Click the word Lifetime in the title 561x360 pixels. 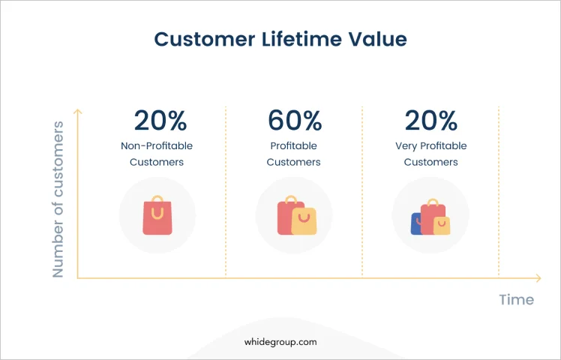pyautogui.click(x=301, y=39)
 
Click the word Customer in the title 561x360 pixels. pyautogui.click(x=205, y=39)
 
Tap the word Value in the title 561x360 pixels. pyautogui.click(x=378, y=39)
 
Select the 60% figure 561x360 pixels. pyautogui.click(x=295, y=120)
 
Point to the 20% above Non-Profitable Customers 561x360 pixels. pyautogui.click(x=160, y=120)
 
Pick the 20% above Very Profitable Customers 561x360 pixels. pyautogui.click(x=431, y=120)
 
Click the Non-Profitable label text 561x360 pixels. pyautogui.click(x=157, y=145)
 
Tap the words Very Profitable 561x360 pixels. pyautogui.click(x=431, y=146)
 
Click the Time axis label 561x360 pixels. pyautogui.click(x=517, y=299)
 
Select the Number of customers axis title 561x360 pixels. pyautogui.click(x=58, y=199)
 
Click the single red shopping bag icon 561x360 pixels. pyautogui.click(x=157, y=215)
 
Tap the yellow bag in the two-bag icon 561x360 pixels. pyautogui.click(x=304, y=221)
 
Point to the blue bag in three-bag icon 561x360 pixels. pyautogui.click(x=415, y=224)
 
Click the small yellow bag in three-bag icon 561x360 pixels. pyautogui.click(x=442, y=226)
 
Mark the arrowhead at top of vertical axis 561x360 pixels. pyautogui.click(x=78, y=112)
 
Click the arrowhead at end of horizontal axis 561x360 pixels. pyautogui.click(x=538, y=278)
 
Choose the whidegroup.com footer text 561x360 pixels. pyautogui.click(x=280, y=342)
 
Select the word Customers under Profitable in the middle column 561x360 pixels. pyautogui.click(x=294, y=162)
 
